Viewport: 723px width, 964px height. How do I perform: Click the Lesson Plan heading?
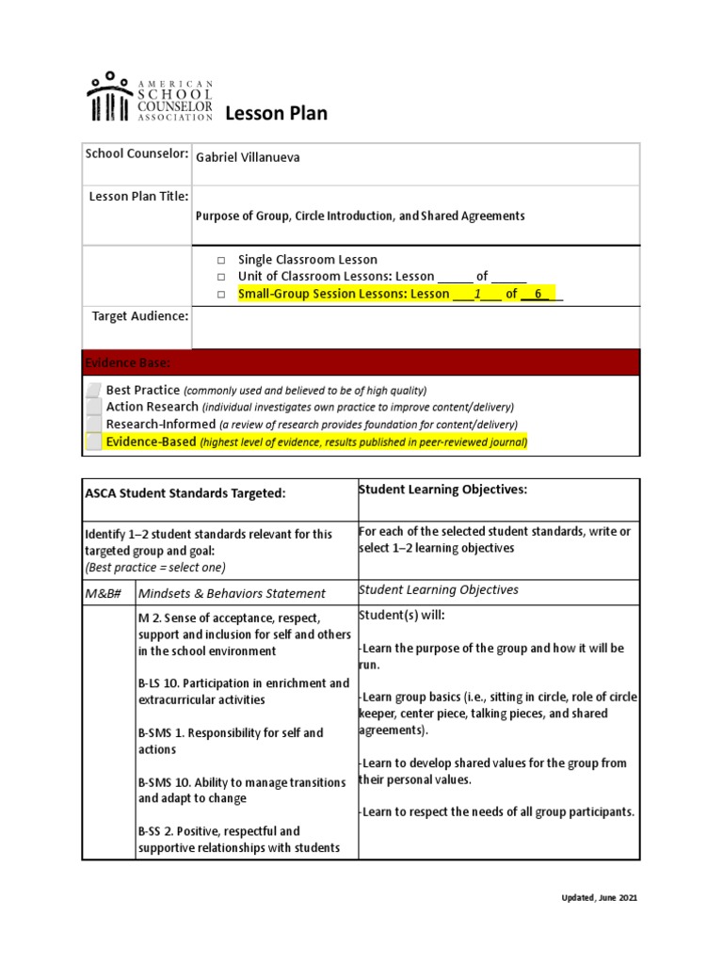(276, 114)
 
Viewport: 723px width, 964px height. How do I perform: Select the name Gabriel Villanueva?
(248, 157)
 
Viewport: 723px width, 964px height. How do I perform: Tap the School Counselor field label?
(137, 153)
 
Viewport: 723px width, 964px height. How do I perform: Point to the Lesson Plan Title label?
(138, 196)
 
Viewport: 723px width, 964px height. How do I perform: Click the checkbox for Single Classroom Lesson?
(221, 260)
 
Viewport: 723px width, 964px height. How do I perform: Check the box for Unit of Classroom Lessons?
(221, 277)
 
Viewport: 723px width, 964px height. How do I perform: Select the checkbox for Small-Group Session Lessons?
(221, 295)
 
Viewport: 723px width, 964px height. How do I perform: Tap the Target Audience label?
(139, 316)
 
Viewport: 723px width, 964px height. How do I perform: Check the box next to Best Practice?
(93, 390)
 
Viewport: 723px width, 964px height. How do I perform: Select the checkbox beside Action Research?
(93, 407)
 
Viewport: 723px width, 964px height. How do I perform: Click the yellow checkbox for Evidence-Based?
(93, 442)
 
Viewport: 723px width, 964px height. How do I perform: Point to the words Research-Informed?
(161, 424)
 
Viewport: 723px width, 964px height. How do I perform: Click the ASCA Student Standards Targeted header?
(185, 493)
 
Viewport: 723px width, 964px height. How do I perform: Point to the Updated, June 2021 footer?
(594, 898)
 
